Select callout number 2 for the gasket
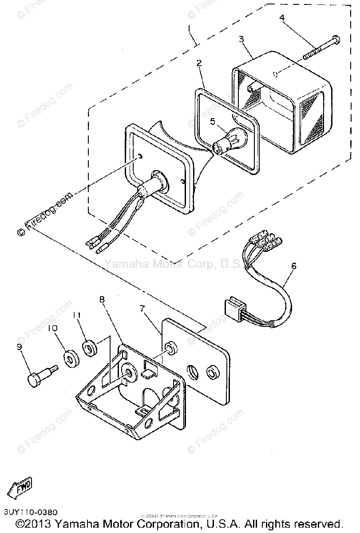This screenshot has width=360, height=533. coord(199,64)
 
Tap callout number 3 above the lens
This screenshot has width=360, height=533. coord(241,39)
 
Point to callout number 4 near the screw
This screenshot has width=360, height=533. coord(282,18)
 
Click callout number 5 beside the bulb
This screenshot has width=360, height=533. coord(212,121)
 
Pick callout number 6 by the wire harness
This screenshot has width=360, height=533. coord(293,266)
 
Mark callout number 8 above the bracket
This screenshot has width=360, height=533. coord(102,300)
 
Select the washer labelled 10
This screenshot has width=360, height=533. coord(71,358)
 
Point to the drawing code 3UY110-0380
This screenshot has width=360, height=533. coord(29,513)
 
